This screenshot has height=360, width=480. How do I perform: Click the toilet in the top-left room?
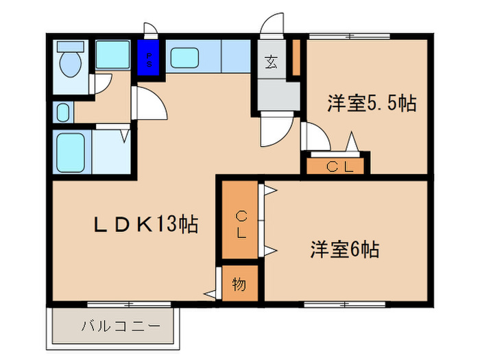click(69, 61)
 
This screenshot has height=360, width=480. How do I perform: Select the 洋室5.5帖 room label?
click(371, 104)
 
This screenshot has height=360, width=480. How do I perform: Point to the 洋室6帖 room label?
click(344, 248)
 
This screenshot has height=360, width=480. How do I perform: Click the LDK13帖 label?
click(146, 224)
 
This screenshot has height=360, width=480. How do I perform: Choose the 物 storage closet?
click(239, 283)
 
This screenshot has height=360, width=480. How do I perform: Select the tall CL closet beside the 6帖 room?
click(241, 222)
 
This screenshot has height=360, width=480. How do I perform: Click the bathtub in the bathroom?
click(71, 153)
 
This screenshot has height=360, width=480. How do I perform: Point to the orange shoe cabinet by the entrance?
click(296, 58)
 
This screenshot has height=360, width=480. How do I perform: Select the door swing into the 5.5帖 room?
click(314, 136)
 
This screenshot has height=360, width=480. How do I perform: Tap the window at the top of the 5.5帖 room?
click(349, 35)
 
